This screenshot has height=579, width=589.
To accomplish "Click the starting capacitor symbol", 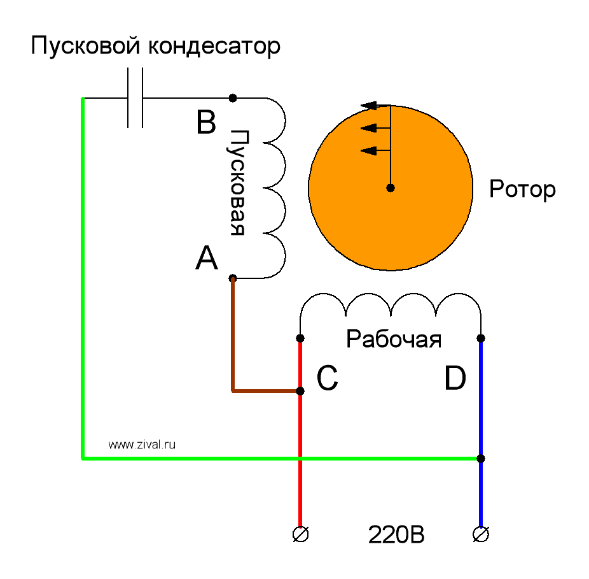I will [x=135, y=98].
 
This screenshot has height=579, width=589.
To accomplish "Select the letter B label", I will [x=205, y=123].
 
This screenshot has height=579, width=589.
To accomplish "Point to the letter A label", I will [x=207, y=259].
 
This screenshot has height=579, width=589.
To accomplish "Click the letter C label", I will [x=327, y=380].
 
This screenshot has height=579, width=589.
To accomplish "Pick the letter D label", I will [x=455, y=380].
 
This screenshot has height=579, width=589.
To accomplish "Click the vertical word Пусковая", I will [x=237, y=183].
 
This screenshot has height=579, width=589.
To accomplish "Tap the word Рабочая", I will [x=394, y=340].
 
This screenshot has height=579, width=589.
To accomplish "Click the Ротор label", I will [x=522, y=189].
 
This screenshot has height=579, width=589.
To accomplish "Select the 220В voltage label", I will [x=396, y=536].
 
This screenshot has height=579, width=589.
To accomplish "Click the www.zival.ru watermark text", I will [x=141, y=445].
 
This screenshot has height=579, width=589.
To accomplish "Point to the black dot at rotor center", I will [x=391, y=188].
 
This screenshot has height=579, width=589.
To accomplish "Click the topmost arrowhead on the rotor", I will [x=368, y=106].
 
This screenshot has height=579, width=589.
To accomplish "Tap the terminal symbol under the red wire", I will [x=300, y=534].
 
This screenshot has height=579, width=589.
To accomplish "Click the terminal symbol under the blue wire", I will [x=481, y=534].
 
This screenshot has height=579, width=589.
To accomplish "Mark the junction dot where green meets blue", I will [x=481, y=459].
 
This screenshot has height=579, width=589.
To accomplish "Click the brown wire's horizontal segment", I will [x=264, y=390].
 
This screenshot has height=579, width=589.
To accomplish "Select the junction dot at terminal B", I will [x=233, y=98].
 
